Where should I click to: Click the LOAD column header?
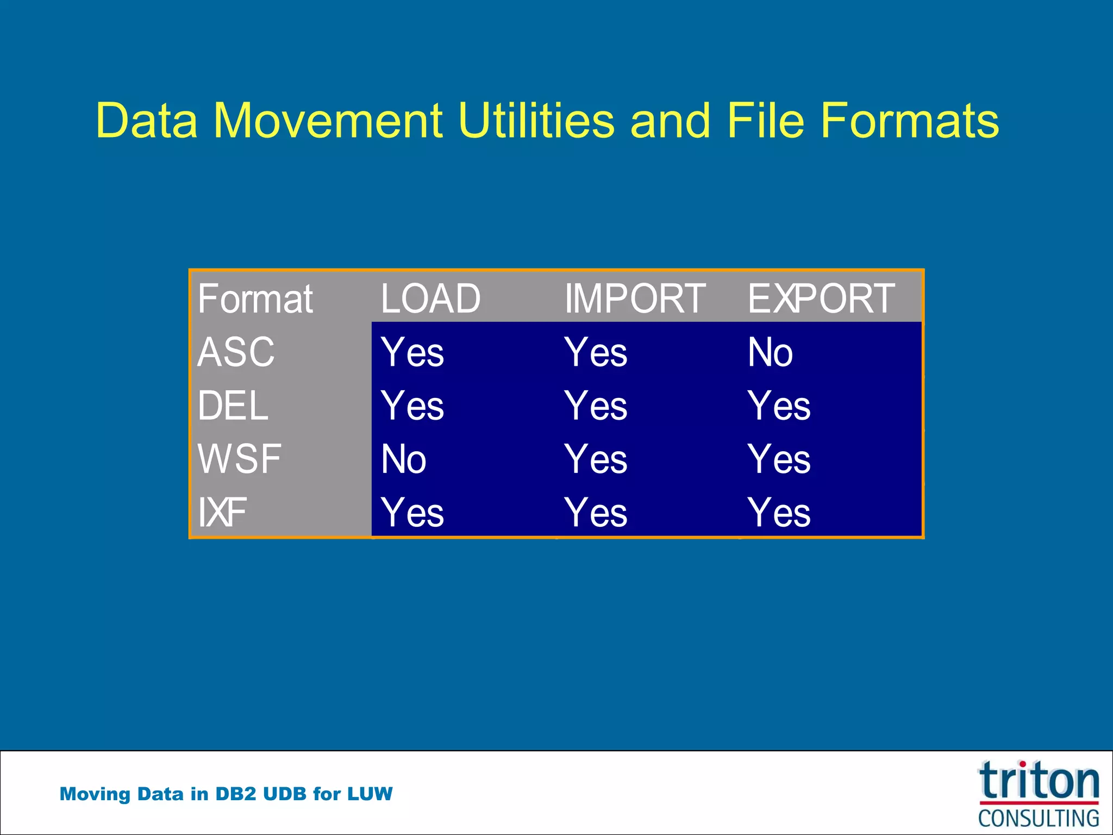click(x=430, y=299)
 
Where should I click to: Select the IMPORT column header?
click(x=635, y=299)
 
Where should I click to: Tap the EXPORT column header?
click(x=821, y=299)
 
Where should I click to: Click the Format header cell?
click(x=255, y=299)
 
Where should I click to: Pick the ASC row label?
click(x=236, y=352)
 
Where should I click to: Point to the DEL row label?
click(x=233, y=406)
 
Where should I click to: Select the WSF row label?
click(x=239, y=459)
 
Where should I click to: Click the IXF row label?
click(x=222, y=512)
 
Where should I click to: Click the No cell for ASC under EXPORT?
click(x=770, y=352)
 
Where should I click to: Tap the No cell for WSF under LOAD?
click(x=403, y=459)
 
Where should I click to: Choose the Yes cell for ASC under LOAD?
click(x=412, y=352)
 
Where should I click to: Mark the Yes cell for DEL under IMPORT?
click(x=596, y=406)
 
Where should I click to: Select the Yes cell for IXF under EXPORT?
click(x=779, y=512)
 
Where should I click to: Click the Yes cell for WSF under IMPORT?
click(x=596, y=459)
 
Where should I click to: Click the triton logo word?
click(x=1039, y=781)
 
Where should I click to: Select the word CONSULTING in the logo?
click(x=1039, y=818)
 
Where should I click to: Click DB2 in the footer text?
click(x=235, y=794)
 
